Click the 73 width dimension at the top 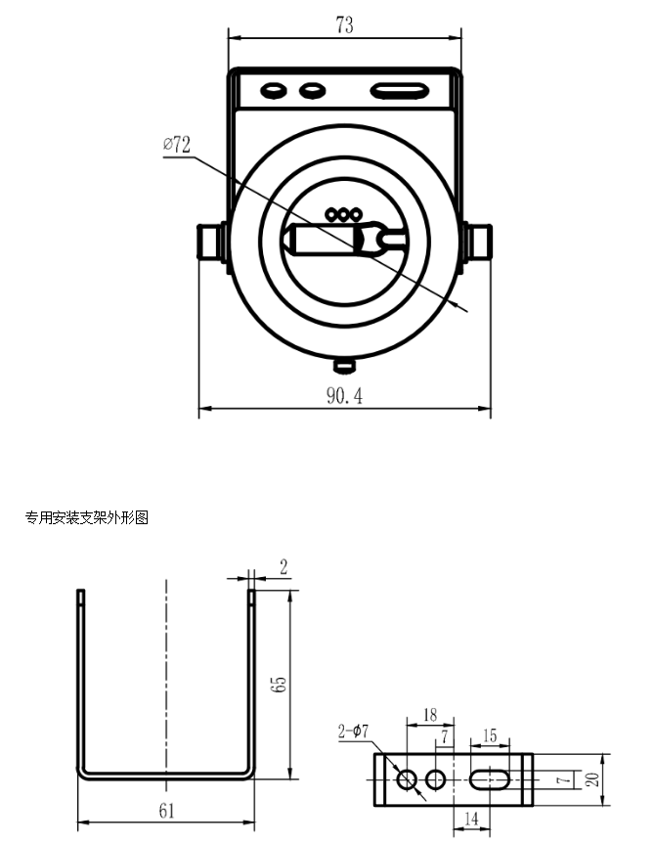click(x=345, y=24)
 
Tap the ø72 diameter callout click(x=177, y=145)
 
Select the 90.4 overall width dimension click(x=345, y=396)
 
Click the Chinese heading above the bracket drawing click(x=87, y=517)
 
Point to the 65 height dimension click(x=280, y=684)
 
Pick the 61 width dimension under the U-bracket click(x=167, y=811)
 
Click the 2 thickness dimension click(x=283, y=567)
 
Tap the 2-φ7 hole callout click(x=353, y=731)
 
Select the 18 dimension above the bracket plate click(x=430, y=715)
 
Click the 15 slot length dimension click(x=490, y=735)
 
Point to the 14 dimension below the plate click(x=470, y=819)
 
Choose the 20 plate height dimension click(x=592, y=779)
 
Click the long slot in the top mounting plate click(x=400, y=91)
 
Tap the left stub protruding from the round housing click(x=212, y=242)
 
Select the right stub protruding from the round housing click(x=478, y=242)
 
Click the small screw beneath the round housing click(x=345, y=366)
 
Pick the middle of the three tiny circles click(x=343, y=215)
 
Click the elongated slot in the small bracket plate click(x=490, y=778)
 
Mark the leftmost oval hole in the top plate click(x=273, y=90)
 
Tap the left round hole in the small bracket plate click(x=407, y=778)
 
